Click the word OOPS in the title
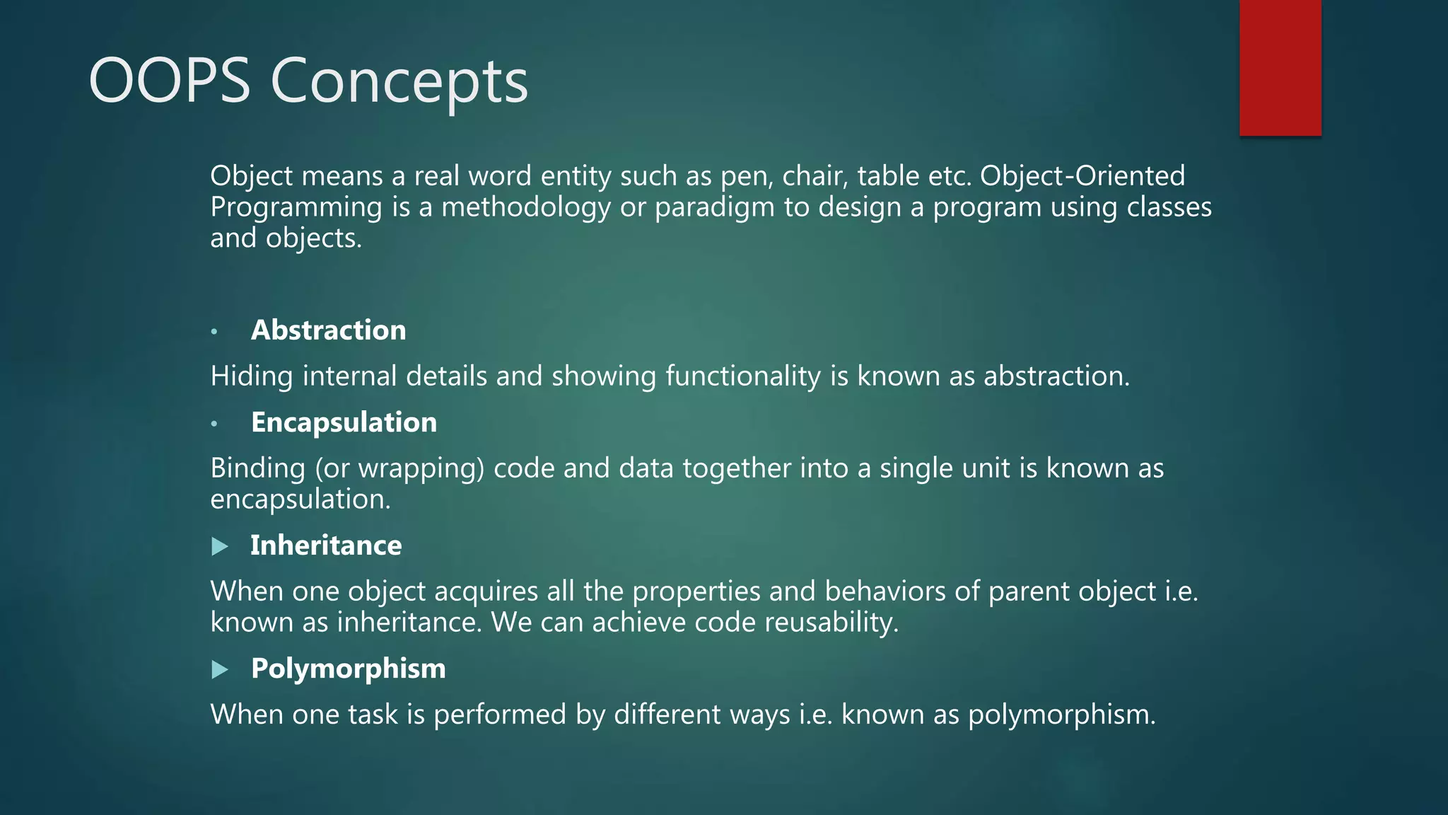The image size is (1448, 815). click(x=170, y=81)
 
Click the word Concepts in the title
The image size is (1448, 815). click(x=399, y=81)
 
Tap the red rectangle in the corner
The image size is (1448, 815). click(x=1280, y=67)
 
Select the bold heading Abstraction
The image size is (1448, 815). click(x=328, y=330)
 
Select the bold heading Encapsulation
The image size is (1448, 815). click(x=344, y=422)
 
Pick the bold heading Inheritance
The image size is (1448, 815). click(x=326, y=545)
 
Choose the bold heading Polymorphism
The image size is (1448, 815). click(x=348, y=669)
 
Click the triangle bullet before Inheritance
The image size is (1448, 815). click(x=220, y=546)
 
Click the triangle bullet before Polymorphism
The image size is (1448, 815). click(x=220, y=669)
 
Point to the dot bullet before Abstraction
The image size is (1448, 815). click(x=214, y=331)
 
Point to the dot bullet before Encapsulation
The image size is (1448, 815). click(x=214, y=423)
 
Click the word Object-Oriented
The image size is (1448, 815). click(x=1082, y=175)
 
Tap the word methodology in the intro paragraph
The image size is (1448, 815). click(x=526, y=207)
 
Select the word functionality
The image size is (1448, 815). click(x=743, y=376)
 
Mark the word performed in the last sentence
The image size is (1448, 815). click(x=499, y=715)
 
